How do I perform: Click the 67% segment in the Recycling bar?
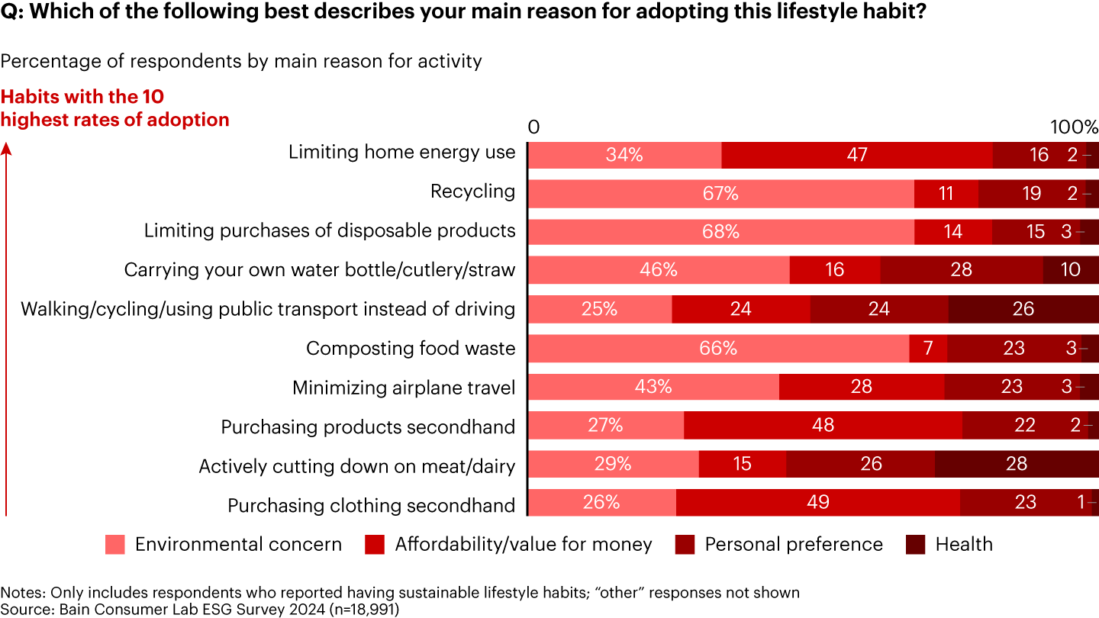720,194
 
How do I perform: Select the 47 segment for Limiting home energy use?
856,155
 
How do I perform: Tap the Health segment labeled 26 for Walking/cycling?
1023,309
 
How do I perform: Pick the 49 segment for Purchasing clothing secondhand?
817,502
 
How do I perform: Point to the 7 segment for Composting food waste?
928,348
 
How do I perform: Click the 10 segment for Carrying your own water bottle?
1070,270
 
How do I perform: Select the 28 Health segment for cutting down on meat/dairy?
1016,464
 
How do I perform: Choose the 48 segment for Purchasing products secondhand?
823,425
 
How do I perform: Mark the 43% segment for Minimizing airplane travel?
653,387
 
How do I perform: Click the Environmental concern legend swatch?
115,545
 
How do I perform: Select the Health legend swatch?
915,545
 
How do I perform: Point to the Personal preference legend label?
794,545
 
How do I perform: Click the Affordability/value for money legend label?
524,545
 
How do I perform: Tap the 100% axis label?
1075,127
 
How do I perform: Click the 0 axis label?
533,127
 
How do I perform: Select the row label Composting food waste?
411,349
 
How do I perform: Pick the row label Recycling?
473,192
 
